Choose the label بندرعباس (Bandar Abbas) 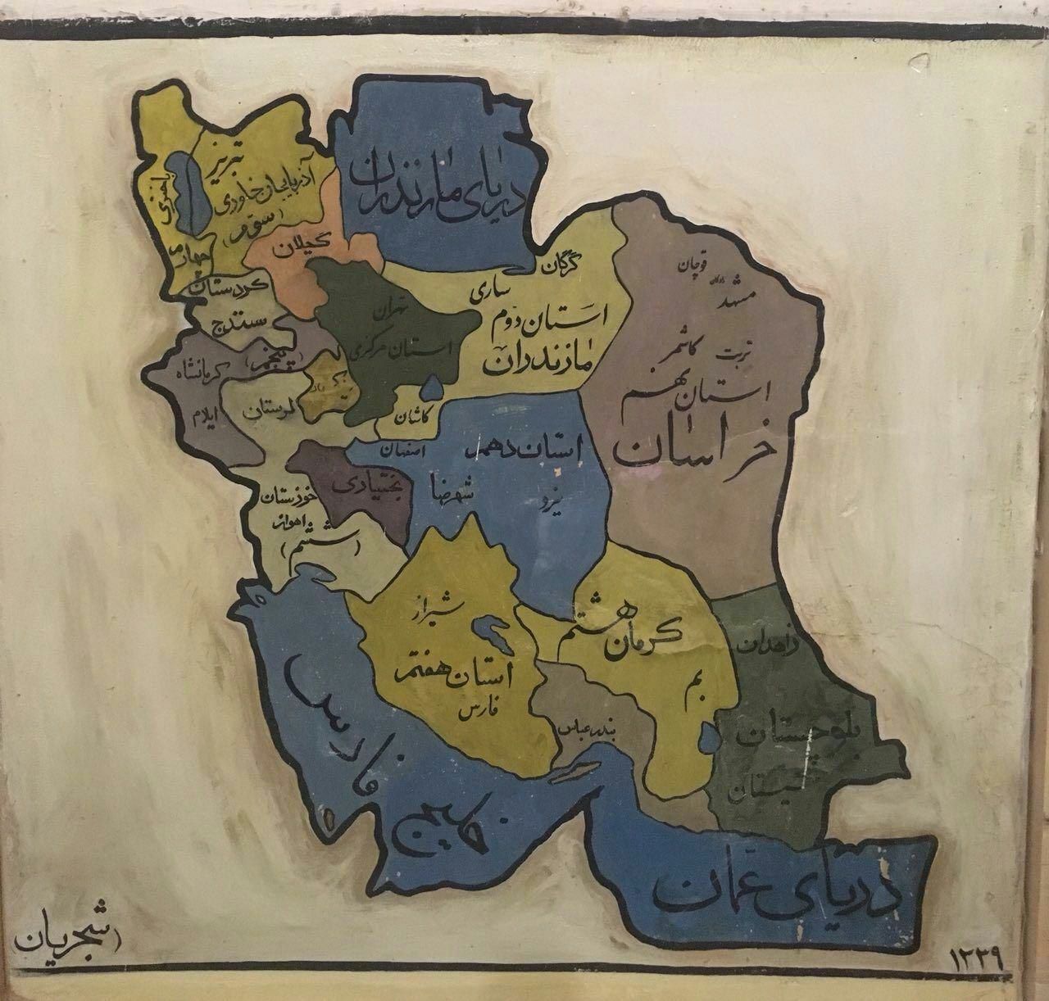pyautogui.click(x=588, y=727)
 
